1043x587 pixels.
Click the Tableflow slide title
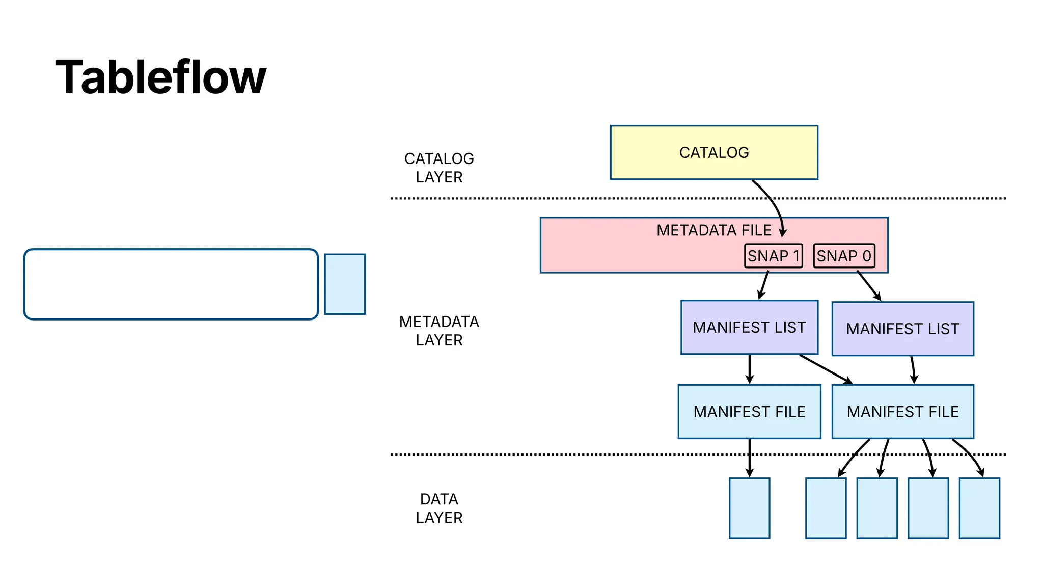[160, 77]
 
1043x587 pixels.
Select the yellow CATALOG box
[713, 152]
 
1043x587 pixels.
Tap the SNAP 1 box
[773, 256]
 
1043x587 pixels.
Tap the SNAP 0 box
[844, 256]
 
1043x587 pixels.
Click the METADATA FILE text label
[713, 230]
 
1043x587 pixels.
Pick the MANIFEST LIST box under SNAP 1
[749, 327]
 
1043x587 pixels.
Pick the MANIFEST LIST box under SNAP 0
[902, 329]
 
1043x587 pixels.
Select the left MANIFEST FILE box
[749, 412]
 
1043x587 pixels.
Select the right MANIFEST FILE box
[902, 412]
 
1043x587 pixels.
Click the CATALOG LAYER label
[439, 168]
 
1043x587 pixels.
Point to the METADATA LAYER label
[439, 331]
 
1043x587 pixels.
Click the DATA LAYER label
[439, 508]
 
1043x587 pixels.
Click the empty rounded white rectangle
[171, 284]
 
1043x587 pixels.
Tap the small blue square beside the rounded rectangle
[345, 284]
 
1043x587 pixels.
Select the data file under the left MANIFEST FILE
[749, 508]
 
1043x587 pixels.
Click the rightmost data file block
[979, 508]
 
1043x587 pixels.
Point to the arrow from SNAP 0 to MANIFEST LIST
[869, 286]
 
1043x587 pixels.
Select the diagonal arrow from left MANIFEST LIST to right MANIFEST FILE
[825, 369]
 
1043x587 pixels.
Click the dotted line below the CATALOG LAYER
[560, 198]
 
